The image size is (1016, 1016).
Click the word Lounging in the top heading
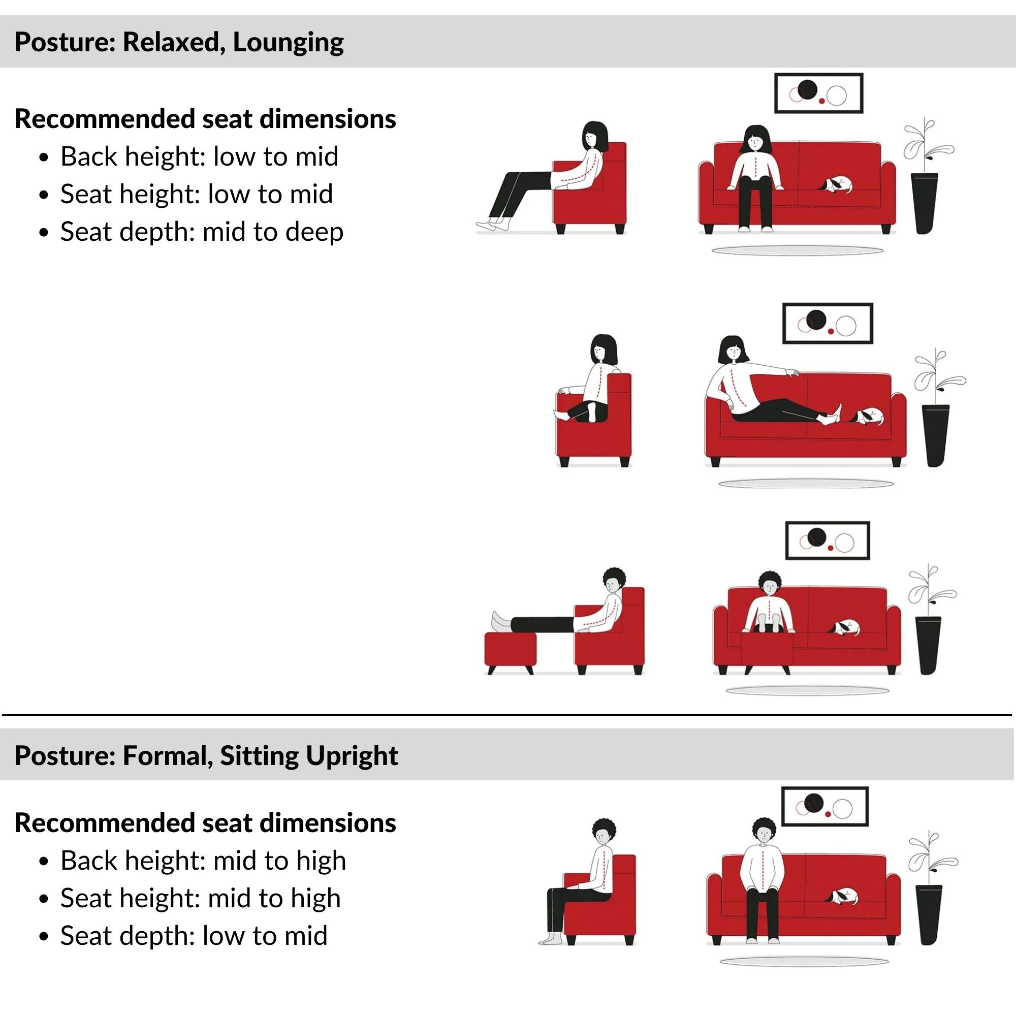[x=288, y=42]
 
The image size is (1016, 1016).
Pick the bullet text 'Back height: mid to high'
[x=203, y=861]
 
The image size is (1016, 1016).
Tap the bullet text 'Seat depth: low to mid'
[x=194, y=936]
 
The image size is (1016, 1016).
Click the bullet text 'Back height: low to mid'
[x=199, y=156]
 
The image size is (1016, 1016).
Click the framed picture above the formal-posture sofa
[x=824, y=807]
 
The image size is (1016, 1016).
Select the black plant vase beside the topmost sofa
[x=925, y=203]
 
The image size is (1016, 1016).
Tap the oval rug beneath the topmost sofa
[x=797, y=251]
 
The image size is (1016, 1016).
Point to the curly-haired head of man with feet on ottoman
[x=613, y=581]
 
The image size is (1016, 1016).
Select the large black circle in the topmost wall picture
[x=807, y=89]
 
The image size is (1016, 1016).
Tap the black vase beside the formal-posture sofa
[x=929, y=914]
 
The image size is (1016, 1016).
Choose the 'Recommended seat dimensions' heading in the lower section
[x=205, y=823]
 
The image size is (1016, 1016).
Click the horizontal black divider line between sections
[x=507, y=715]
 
